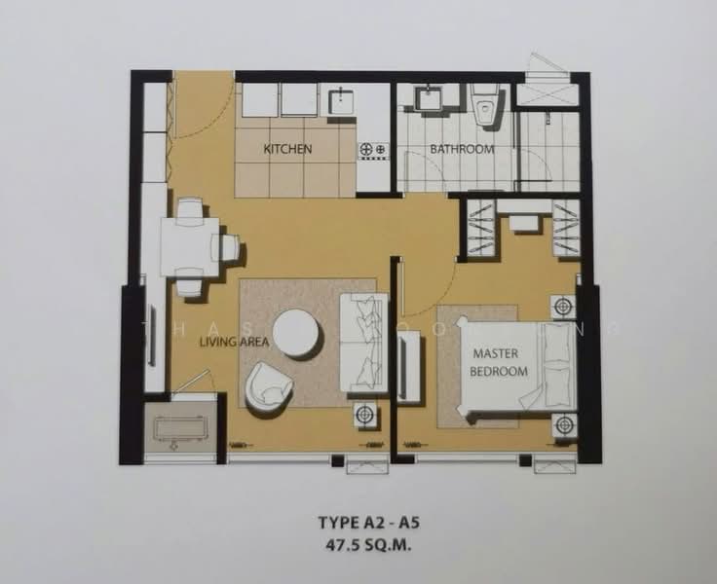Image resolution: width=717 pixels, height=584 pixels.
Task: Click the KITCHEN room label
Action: tap(287, 149)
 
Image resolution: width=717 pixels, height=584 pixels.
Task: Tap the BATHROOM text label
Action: tap(463, 149)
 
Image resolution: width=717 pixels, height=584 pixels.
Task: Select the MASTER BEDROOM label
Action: tap(501, 361)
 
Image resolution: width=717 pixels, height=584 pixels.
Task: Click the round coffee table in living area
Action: tap(296, 334)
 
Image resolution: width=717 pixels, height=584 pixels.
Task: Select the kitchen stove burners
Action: tap(374, 150)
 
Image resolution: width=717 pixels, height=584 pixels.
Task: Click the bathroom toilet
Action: tap(485, 107)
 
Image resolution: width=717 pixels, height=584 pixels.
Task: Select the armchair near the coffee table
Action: tap(268, 386)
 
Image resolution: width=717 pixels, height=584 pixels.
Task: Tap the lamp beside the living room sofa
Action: tap(365, 414)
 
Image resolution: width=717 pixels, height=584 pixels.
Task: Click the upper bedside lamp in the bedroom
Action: tap(562, 306)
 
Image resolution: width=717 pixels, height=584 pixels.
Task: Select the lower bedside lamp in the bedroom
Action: tap(562, 425)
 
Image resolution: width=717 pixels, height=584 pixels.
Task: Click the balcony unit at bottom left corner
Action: tap(180, 429)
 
